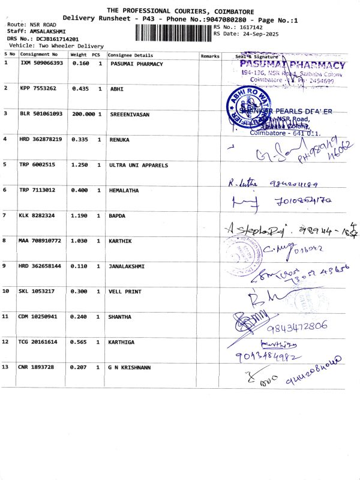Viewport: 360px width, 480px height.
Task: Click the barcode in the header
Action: (170, 31)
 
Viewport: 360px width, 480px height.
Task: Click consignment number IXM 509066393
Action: (41, 63)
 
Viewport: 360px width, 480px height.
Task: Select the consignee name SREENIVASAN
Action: (129, 113)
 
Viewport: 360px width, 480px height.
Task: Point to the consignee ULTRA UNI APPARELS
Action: (139, 164)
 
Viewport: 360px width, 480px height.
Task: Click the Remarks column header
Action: (210, 55)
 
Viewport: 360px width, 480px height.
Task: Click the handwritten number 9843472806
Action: (298, 326)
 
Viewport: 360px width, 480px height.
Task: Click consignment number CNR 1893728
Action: (37, 366)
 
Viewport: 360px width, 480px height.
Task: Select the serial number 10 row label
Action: (6, 291)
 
